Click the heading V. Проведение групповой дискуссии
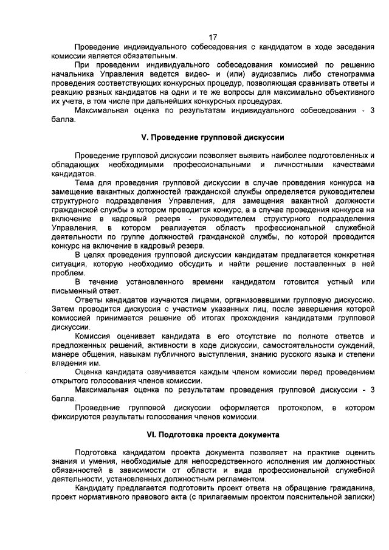(x=212, y=137)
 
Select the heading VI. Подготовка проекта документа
(x=212, y=435)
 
